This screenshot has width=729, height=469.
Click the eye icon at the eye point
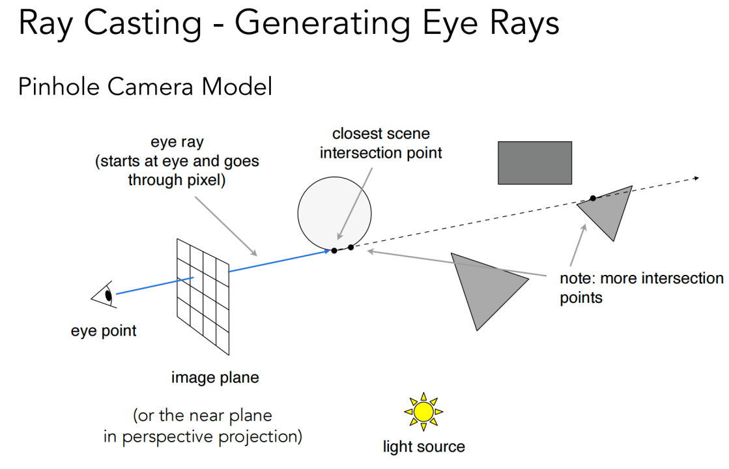(x=104, y=296)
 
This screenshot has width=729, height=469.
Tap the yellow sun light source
(x=423, y=411)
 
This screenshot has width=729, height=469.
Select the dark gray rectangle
(x=534, y=162)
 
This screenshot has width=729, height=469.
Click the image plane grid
(x=202, y=296)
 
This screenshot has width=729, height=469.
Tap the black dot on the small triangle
(x=592, y=198)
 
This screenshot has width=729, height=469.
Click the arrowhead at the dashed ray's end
(x=696, y=177)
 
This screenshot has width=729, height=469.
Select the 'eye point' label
(x=104, y=331)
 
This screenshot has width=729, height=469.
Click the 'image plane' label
(x=214, y=377)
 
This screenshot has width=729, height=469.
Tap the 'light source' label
(x=423, y=447)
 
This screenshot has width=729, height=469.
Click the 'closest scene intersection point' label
(x=380, y=143)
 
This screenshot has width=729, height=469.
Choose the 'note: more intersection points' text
(x=641, y=288)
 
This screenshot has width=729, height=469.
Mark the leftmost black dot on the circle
(x=334, y=250)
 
